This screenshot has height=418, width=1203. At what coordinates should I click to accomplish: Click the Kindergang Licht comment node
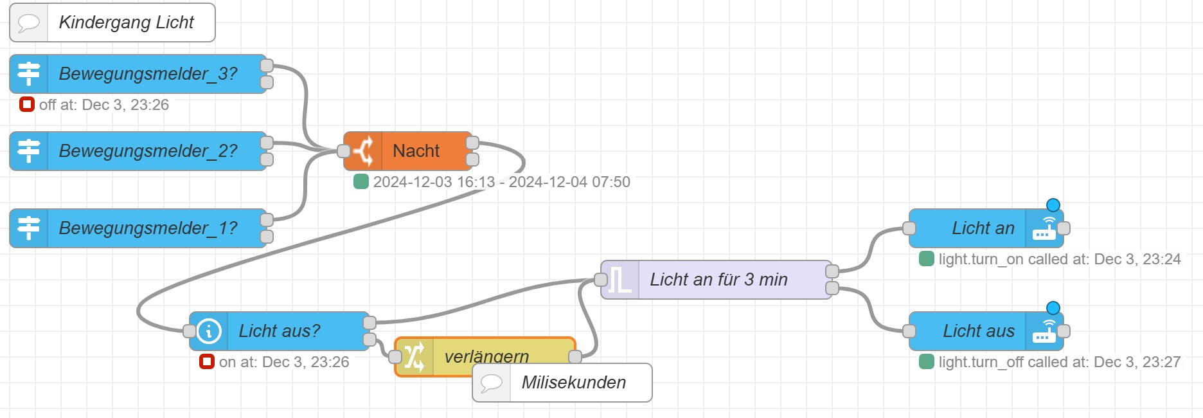click(x=126, y=23)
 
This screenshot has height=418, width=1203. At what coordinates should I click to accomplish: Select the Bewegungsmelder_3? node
click(x=148, y=74)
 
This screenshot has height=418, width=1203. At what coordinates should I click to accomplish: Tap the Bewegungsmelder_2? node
click(x=148, y=151)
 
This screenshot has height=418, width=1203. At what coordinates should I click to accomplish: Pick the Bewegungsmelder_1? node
click(x=148, y=228)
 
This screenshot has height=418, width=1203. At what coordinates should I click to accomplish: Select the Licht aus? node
click(x=279, y=331)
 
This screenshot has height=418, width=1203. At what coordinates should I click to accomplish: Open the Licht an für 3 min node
click(x=718, y=280)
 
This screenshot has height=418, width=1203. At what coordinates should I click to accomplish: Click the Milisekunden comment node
click(x=573, y=383)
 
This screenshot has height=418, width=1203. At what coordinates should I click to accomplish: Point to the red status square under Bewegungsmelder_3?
click(x=26, y=104)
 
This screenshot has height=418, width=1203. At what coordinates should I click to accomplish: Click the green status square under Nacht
click(x=361, y=181)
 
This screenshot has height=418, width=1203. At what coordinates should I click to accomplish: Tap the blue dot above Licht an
click(x=1053, y=205)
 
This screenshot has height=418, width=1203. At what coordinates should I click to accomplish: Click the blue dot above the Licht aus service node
click(x=1053, y=308)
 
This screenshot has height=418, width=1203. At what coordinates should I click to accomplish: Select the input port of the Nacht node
click(x=344, y=151)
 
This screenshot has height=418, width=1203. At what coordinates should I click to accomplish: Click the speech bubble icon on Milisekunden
click(x=492, y=383)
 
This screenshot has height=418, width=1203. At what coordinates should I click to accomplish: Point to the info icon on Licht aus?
click(x=209, y=331)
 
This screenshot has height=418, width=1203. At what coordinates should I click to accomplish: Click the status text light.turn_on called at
click(x=1059, y=259)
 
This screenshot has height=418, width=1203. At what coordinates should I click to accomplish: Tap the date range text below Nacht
click(x=501, y=182)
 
